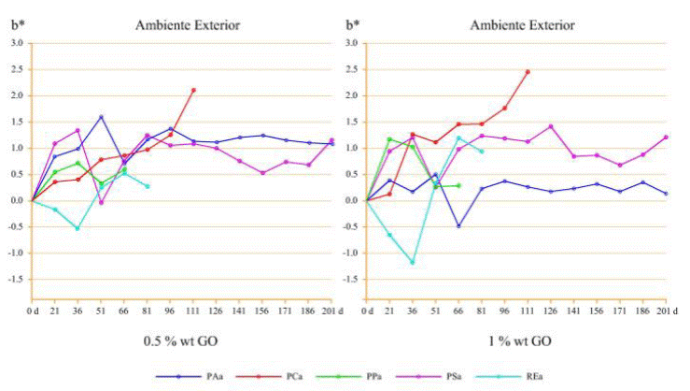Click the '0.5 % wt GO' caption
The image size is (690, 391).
[181, 341]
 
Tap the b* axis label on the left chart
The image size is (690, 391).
[15, 25]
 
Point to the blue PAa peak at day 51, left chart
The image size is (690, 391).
[101, 117]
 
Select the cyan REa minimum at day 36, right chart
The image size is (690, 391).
[412, 262]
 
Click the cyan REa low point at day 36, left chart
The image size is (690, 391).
[77, 228]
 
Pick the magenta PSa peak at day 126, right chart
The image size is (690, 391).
[551, 126]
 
